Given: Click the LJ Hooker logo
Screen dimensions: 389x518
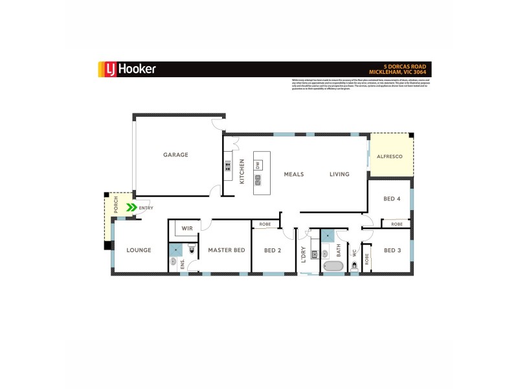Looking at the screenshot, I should pos(126,69).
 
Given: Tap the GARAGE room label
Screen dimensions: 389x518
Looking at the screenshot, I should pos(175,155).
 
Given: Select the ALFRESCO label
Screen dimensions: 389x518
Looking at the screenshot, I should pos(390,157).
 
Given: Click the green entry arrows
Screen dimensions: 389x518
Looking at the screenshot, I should pos(131,207).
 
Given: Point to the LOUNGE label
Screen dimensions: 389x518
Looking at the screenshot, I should pos(139,250).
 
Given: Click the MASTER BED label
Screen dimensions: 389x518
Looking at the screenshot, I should pos(226,250).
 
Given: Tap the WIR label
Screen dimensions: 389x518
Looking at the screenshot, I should pos(187,229).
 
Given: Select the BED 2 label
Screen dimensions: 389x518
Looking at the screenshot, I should pos(273,250).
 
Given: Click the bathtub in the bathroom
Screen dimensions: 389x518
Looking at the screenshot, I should pos(333,266).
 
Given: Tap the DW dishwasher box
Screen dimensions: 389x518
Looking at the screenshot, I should pos(258,165).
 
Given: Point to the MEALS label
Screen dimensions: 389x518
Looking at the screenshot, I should pos(294,174).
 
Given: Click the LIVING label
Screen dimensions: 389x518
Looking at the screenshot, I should pos(339,174).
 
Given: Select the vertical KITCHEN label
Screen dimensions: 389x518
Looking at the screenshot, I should pos(242,172).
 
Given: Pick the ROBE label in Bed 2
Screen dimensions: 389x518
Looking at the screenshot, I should pos(265,224).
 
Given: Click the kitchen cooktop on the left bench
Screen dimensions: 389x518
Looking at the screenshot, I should pos(228,165).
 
